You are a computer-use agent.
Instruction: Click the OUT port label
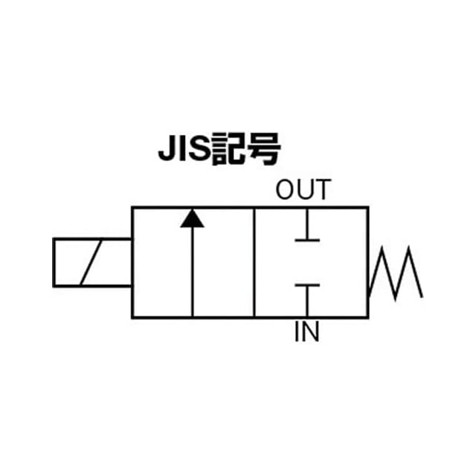pyautogui.click(x=302, y=190)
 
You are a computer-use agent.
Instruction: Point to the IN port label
pyautogui.click(x=306, y=332)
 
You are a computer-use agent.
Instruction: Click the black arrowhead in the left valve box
pyautogui.click(x=192, y=218)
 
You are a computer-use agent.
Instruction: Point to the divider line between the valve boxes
pyautogui.click(x=254, y=263)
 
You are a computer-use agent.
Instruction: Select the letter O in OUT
pyautogui.click(x=286, y=190)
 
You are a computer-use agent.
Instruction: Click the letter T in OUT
pyautogui.click(x=320, y=190)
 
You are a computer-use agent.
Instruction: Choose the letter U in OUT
pyautogui.click(x=303, y=190)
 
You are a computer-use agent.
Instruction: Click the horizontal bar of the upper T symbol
pyautogui.click(x=306, y=239)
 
